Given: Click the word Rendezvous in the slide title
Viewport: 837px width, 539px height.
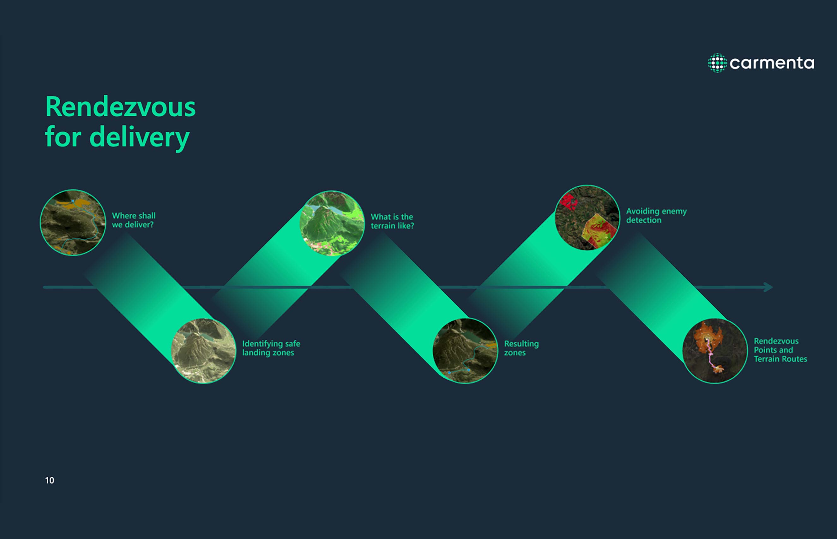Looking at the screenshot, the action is point(120,107).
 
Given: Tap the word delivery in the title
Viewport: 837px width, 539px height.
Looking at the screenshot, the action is point(140,137).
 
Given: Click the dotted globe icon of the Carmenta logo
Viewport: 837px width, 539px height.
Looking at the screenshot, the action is point(717,63).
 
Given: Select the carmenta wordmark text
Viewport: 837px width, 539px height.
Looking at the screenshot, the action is point(772,63).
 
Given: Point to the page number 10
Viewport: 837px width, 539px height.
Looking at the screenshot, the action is point(49,480).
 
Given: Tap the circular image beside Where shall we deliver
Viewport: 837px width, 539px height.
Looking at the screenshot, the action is point(73,223).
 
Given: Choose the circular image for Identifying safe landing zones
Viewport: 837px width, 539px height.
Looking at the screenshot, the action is point(204,351).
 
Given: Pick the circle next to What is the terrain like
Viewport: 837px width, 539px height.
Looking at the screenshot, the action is point(332,223).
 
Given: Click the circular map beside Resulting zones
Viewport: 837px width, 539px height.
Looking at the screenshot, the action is point(465,351).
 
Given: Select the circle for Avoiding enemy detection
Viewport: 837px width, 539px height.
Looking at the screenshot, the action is point(587,217).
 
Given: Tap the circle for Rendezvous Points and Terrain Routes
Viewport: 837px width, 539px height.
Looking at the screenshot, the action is point(715,351).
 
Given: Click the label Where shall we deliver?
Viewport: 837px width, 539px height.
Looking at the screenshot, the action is point(134,220).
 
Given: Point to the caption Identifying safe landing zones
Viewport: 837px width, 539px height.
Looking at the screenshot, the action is point(271,348).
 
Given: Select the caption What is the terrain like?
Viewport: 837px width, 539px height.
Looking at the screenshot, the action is point(392,221).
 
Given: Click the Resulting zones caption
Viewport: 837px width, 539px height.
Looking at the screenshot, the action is point(521,348).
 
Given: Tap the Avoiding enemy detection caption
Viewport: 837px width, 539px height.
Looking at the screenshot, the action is point(656,216).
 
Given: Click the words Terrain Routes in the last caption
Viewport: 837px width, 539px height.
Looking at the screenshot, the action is point(780,359).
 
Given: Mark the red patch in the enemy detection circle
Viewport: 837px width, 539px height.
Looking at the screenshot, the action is point(568,201).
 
